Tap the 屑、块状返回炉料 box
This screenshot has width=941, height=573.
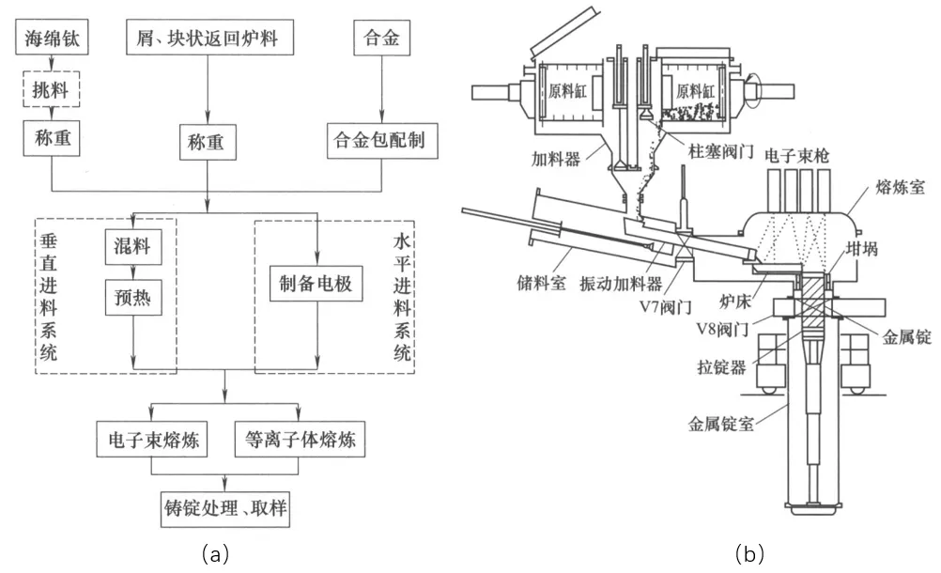pyautogui.click(x=208, y=39)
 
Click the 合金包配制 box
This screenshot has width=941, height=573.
pyautogui.click(x=379, y=141)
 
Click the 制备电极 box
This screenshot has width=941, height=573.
pyautogui.click(x=316, y=283)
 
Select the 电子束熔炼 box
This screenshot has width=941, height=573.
pyautogui.click(x=151, y=438)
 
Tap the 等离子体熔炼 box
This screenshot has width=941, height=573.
pyautogui.click(x=300, y=438)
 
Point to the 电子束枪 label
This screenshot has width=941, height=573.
pyautogui.click(x=796, y=152)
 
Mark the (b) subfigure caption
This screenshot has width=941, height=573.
pyautogui.click(x=749, y=555)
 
